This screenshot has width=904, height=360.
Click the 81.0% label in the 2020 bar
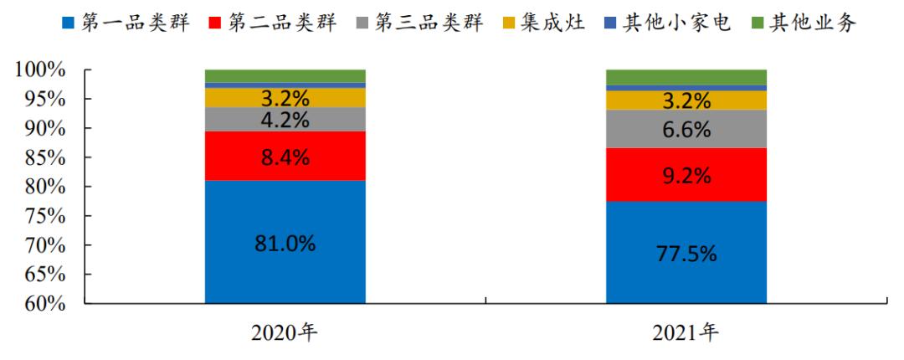[285, 244]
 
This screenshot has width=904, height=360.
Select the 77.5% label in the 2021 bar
[686, 254]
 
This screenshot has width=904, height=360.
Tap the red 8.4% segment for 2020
[285, 156]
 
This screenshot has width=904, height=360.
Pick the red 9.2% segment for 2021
[686, 175]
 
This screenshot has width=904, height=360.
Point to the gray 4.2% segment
[285, 119]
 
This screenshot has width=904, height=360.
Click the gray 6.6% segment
[686, 129]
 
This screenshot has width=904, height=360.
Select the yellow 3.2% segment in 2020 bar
[285, 97]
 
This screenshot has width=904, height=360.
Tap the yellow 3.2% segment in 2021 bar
[686, 100]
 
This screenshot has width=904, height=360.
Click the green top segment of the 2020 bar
[285, 75]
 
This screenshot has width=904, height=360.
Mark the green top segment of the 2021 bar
[686, 76]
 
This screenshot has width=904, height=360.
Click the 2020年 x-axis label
[285, 334]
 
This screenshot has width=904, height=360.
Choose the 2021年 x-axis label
[686, 334]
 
